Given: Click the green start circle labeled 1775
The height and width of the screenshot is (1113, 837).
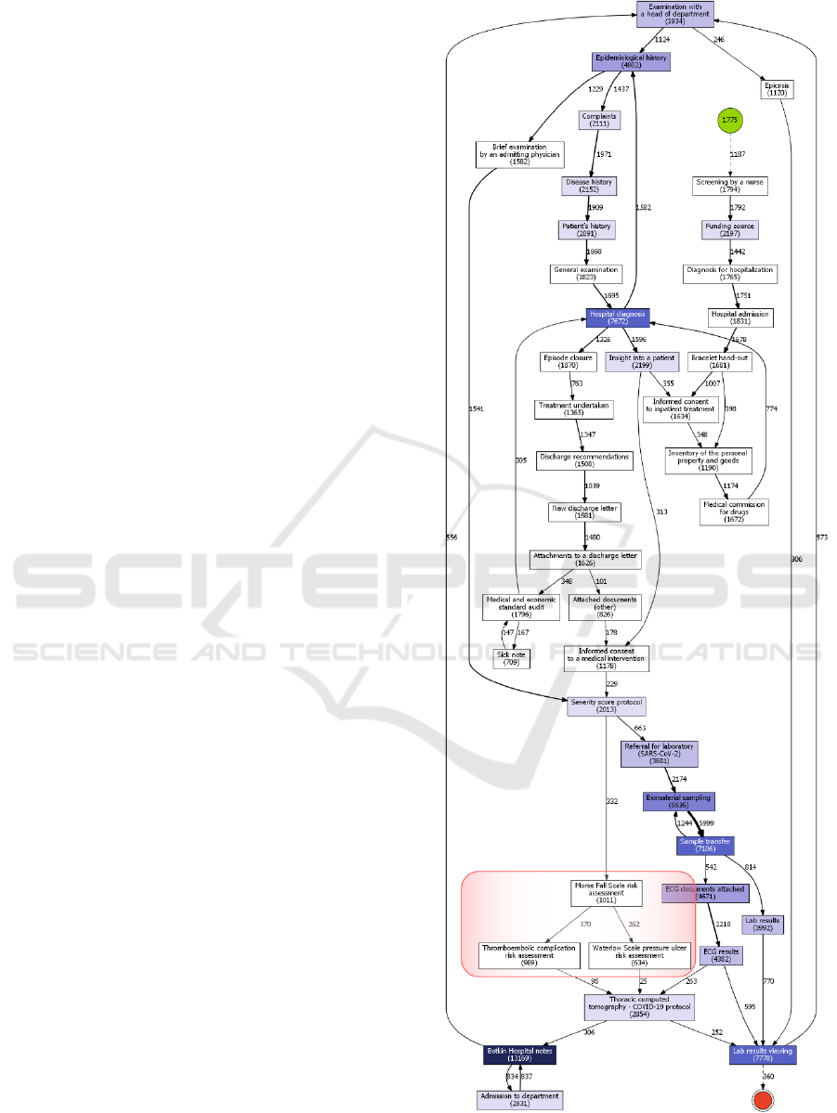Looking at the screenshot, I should (730, 122).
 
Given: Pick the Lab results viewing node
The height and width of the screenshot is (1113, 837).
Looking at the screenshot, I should (764, 1055).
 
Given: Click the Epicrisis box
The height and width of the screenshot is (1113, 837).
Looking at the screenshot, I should (776, 89).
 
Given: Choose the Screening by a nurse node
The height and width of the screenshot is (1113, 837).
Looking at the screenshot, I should (730, 186).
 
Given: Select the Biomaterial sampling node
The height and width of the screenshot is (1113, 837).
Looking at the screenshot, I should (677, 801).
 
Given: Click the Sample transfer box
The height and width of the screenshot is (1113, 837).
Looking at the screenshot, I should (704, 845).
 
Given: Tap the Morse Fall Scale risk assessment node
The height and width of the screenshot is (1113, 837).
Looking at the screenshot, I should (607, 893).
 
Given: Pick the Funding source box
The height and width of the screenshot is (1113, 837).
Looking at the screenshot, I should (730, 229).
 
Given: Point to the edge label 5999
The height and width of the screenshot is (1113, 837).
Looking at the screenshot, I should (706, 823).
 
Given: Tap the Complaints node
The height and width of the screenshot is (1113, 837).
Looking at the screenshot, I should (599, 120).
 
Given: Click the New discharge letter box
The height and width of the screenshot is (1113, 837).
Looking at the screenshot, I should (583, 511).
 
